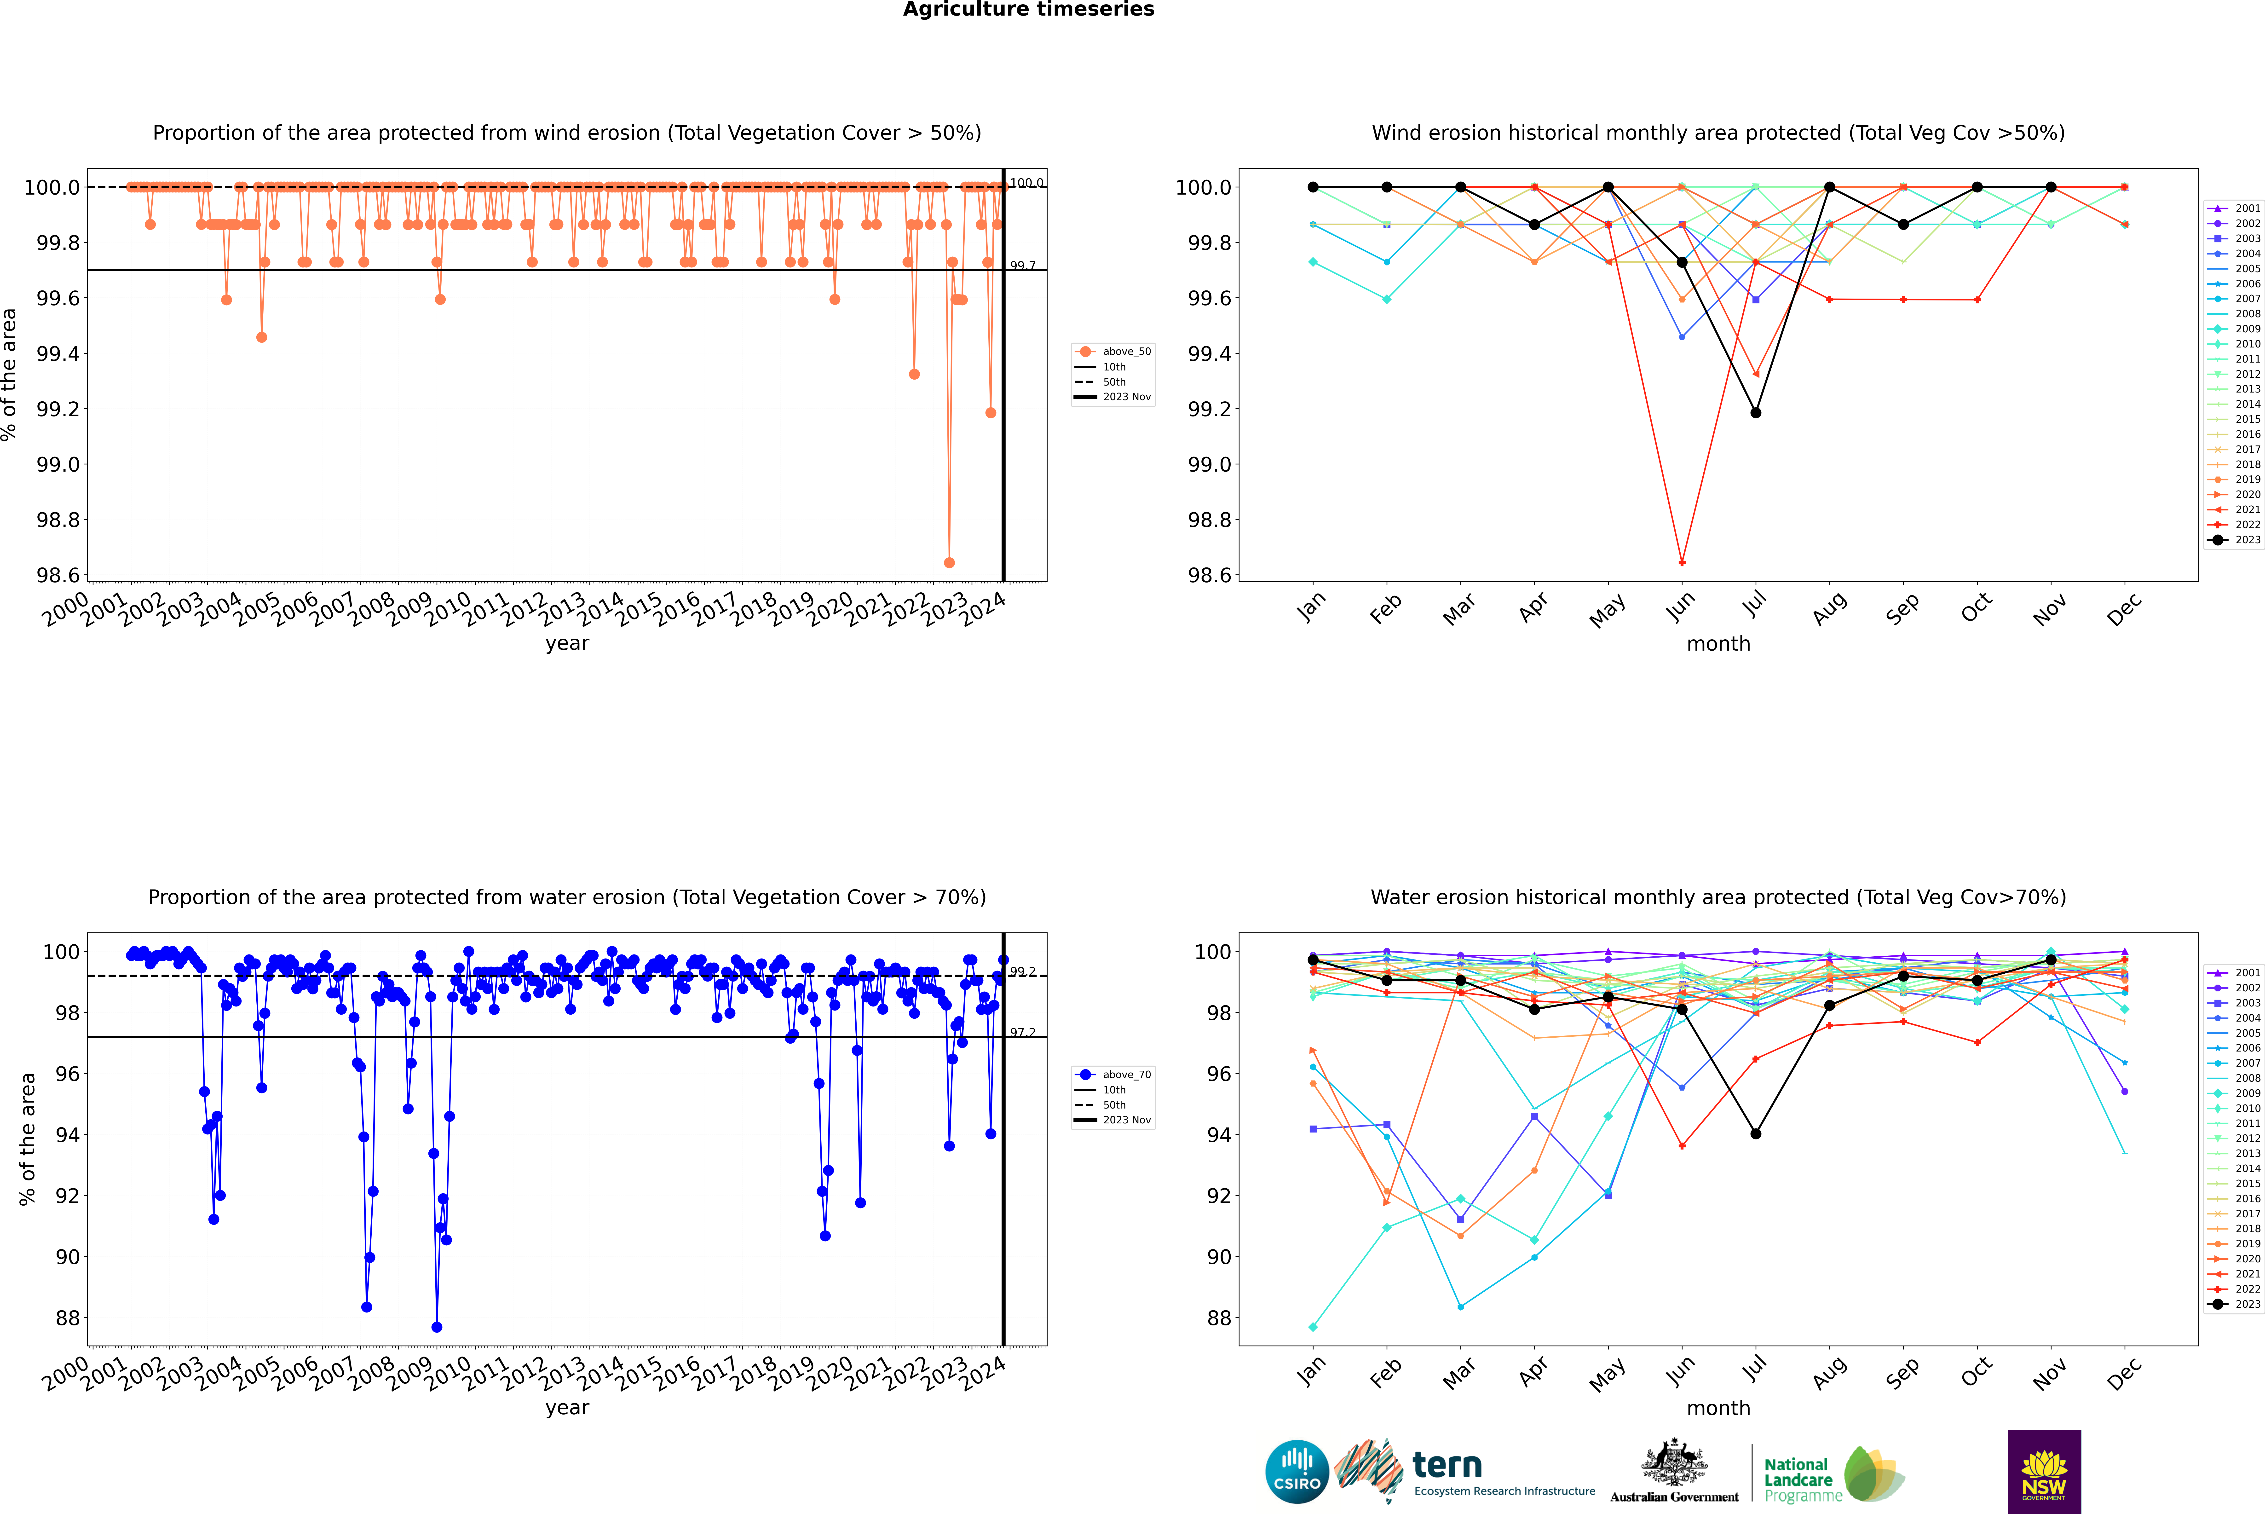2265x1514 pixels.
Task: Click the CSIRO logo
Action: (x=1297, y=1472)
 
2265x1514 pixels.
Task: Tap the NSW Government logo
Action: (x=2044, y=1472)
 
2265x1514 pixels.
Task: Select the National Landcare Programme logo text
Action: (x=1798, y=1479)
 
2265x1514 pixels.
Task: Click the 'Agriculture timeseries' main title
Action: (x=1028, y=10)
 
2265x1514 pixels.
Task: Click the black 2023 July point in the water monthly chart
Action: (x=1755, y=1133)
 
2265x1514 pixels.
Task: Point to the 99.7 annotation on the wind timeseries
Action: (x=1022, y=266)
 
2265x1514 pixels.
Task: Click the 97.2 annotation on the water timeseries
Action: (x=1022, y=1032)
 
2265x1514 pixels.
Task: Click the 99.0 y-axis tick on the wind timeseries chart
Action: (x=58, y=464)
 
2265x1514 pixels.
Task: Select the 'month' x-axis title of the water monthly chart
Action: (x=1717, y=1408)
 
